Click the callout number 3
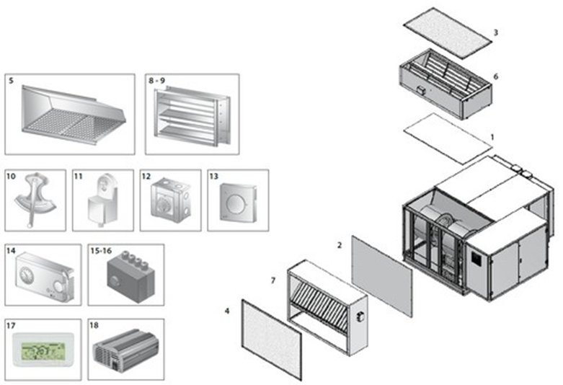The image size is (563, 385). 495,32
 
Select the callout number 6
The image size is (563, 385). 495,75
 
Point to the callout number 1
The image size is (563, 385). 492,136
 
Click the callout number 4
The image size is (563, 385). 228,311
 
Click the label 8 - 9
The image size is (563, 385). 156,81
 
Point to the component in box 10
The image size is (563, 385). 35,201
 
